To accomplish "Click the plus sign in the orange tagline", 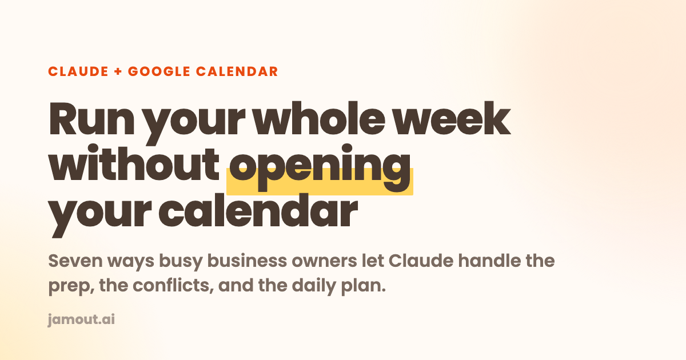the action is [118, 71].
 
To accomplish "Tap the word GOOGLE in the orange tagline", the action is [159, 71].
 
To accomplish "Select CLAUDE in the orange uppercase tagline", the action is [78, 71].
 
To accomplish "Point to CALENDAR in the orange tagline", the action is [237, 71].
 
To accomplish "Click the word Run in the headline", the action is [91, 118].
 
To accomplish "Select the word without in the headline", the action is [134, 163].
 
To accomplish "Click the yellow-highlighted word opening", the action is [320, 168].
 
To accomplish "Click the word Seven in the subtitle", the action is [75, 261].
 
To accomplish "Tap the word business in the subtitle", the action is [247, 261].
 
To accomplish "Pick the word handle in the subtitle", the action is [489, 261].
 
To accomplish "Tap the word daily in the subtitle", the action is [314, 286].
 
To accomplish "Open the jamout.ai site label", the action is [81, 320].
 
